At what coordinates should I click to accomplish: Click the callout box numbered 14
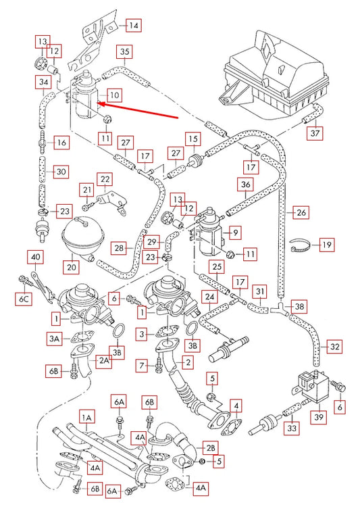point(134,25)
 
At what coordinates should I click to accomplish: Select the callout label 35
point(124,51)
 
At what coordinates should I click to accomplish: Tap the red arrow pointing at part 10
point(137,111)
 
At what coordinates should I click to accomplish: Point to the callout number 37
point(315,133)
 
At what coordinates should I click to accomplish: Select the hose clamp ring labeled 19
point(301,245)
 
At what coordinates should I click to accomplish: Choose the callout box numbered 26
point(301,212)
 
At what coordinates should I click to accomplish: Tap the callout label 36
point(246,185)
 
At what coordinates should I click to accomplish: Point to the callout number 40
point(35,257)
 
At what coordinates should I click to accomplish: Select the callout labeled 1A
point(86,418)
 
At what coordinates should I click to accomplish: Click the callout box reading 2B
point(210,448)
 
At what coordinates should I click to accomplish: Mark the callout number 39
point(319,416)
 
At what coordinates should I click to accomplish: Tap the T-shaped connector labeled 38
point(278,308)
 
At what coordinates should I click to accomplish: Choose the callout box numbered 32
point(334,347)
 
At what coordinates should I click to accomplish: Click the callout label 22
point(105,179)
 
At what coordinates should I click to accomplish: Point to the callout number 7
point(142,365)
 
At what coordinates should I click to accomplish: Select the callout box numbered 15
point(193,139)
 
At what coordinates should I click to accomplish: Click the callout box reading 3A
point(54,339)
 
